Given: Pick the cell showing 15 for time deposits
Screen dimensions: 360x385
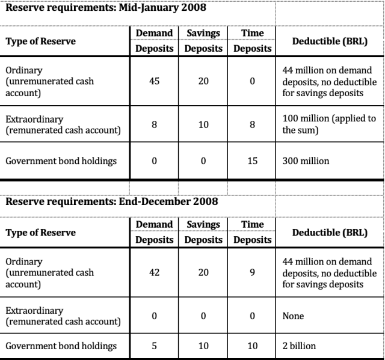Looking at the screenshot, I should coord(252,161).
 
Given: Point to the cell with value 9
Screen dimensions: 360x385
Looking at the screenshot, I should coord(252,272).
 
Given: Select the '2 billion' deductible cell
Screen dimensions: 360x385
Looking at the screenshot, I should coord(299,346).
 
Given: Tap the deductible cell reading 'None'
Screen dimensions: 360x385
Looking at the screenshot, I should coord(293,316).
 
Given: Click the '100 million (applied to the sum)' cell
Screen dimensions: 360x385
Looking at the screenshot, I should coord(328,124).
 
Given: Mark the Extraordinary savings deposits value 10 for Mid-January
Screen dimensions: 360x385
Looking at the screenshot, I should coord(203,124).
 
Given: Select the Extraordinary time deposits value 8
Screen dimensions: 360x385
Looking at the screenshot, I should coord(252,124).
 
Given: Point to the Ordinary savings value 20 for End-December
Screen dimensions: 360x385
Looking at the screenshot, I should coord(203,272).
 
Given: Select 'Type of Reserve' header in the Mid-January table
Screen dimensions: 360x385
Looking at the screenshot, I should coord(41,41).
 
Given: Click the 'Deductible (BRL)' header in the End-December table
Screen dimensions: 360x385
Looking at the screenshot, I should coord(329,232).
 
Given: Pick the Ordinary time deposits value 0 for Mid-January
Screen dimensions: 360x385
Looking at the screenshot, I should coord(252,81).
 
